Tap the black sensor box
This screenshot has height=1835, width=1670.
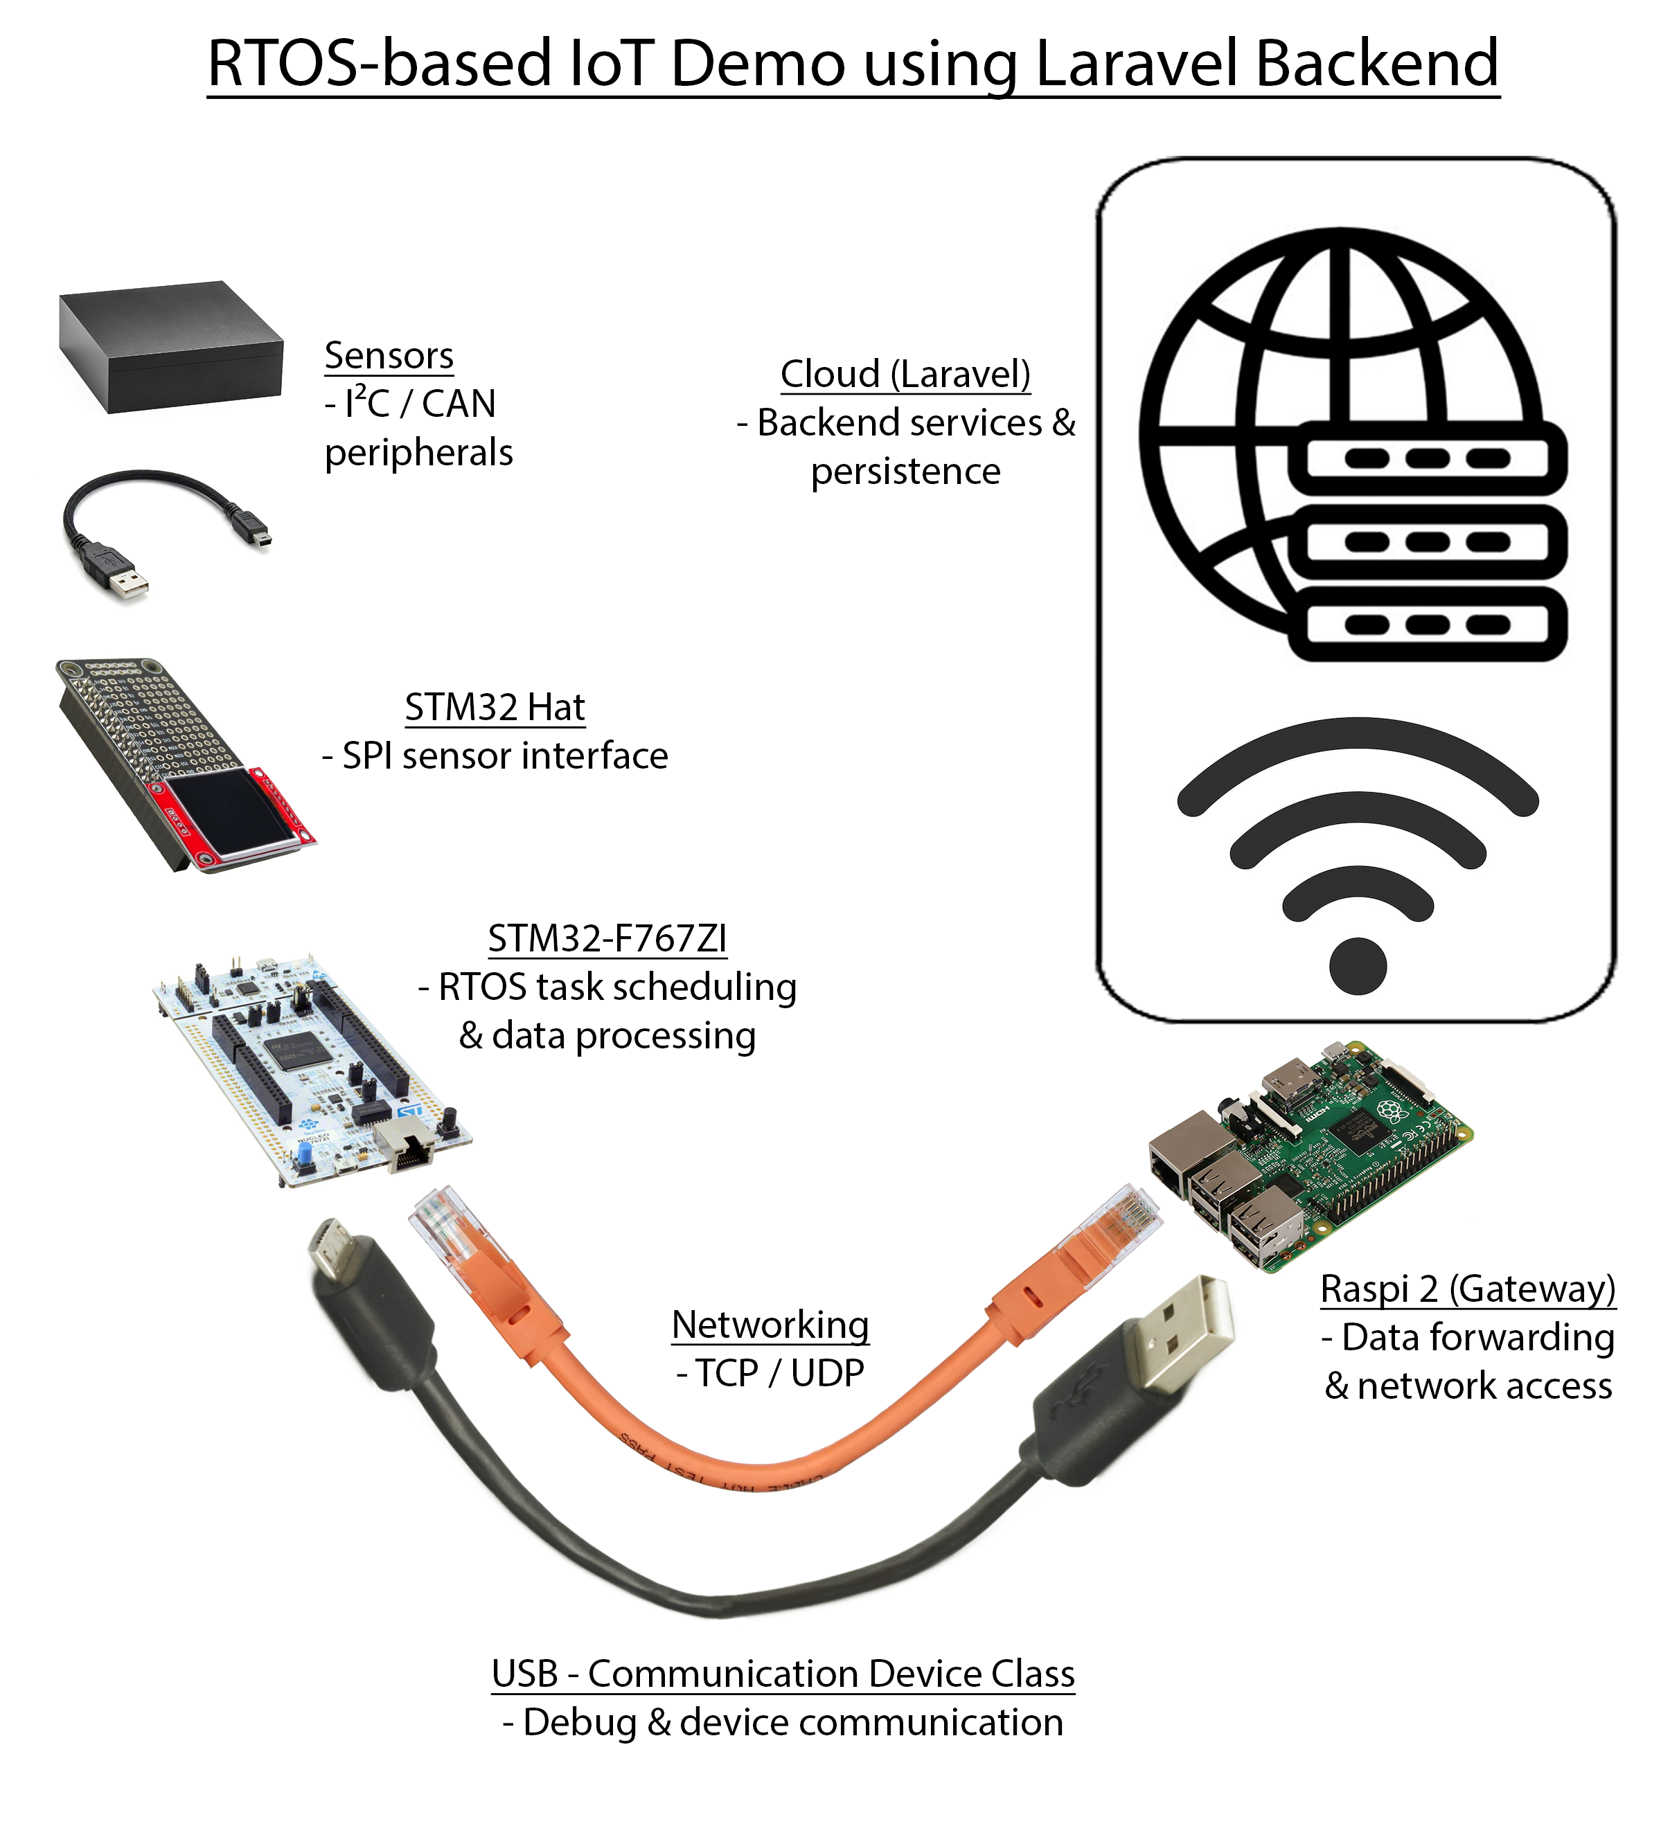[x=170, y=347]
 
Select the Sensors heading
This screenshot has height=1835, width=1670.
[x=389, y=356]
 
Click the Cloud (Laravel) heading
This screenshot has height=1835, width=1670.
[x=905, y=374]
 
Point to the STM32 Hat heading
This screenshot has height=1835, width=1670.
[x=495, y=707]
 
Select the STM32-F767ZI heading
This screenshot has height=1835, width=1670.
[x=607, y=938]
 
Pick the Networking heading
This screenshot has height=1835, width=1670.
[x=770, y=1325]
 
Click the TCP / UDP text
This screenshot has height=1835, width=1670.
[x=770, y=1372]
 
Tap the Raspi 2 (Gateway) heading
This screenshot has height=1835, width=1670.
[x=1468, y=1289]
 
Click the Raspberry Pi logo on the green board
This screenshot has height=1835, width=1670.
[x=1389, y=1109]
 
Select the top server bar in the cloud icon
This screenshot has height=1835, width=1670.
[x=1427, y=458]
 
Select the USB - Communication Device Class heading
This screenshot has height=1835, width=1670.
[x=783, y=1674]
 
